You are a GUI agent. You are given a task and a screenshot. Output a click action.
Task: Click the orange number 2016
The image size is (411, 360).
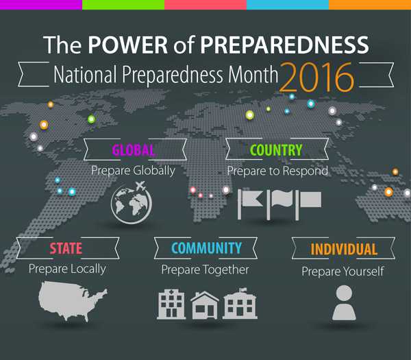(316, 77)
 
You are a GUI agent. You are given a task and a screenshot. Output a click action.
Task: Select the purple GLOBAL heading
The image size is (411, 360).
(134, 150)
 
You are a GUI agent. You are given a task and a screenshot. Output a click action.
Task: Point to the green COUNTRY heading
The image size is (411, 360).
(276, 150)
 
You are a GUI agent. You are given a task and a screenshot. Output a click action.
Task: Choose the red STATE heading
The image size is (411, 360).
(66, 248)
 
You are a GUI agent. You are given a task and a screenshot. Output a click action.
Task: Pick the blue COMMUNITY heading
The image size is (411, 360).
(206, 248)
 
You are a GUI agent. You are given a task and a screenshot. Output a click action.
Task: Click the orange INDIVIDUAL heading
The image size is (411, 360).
(344, 249)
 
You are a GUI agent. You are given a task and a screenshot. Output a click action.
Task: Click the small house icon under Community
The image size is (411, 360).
(205, 304)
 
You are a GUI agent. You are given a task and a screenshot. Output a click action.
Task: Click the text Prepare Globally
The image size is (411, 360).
(133, 169)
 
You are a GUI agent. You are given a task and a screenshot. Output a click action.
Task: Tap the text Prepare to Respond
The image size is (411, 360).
(277, 169)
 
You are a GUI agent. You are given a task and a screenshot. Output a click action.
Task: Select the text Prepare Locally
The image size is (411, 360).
(67, 268)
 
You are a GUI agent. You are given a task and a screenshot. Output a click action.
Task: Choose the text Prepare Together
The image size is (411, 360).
(205, 269)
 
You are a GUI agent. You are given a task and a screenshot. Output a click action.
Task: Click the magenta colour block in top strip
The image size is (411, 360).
(41, 5)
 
